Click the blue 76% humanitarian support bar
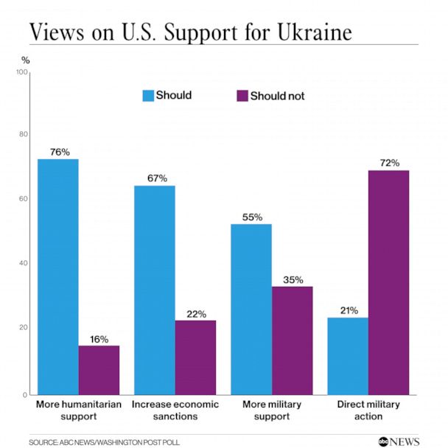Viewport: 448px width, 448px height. pyautogui.click(x=57, y=276)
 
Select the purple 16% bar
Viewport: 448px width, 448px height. pyautogui.click(x=99, y=370)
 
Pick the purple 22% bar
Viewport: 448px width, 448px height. pyautogui.click(x=195, y=357)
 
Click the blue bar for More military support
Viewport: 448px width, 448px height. pyautogui.click(x=251, y=309)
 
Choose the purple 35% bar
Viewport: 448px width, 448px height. pyautogui.click(x=292, y=340)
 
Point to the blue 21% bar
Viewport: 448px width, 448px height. pyautogui.click(x=347, y=356)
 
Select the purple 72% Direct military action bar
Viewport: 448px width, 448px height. pyautogui.click(x=388, y=282)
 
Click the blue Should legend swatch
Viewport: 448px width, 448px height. pyautogui.click(x=147, y=96)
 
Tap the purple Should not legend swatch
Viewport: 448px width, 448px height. pyautogui.click(x=241, y=96)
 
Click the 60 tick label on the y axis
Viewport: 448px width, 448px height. pyautogui.click(x=24, y=199)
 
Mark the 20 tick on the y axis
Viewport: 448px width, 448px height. pyautogui.click(x=24, y=328)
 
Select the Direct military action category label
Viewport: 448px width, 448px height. pyautogui.click(x=368, y=410)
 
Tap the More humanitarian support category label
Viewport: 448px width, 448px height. pyautogui.click(x=78, y=410)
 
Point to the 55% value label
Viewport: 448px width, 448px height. pyautogui.click(x=251, y=216)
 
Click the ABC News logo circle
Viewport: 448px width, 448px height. pyautogui.click(x=384, y=441)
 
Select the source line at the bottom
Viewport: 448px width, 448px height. pyautogui.click(x=104, y=441)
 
